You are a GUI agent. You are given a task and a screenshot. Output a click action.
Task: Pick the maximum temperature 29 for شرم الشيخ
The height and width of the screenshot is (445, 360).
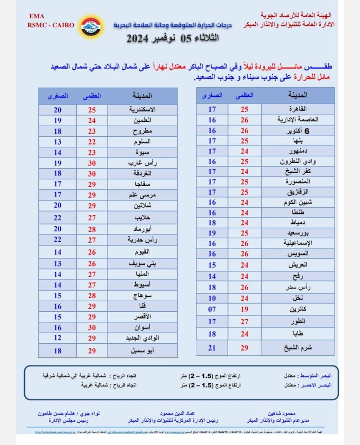click(244, 347)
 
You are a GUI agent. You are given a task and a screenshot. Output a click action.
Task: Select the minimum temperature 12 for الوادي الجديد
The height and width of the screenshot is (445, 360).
click(58, 338)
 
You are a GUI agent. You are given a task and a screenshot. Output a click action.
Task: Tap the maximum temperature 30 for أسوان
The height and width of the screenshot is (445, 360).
click(92, 327)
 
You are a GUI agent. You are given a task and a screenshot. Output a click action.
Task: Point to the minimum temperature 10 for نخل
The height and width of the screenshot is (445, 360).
click(212, 298)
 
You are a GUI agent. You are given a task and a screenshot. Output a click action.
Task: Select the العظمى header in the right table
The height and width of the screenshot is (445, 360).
click(244, 95)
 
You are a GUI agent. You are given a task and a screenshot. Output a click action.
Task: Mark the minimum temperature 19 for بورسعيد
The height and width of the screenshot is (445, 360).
click(212, 234)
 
